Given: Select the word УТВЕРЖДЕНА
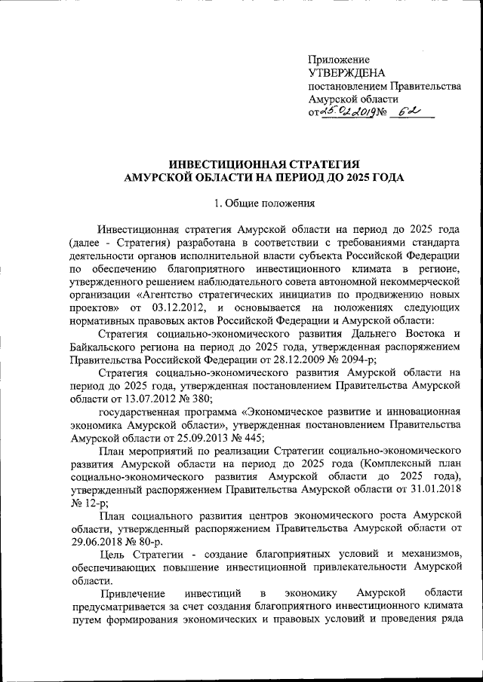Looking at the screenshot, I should pyautogui.click(x=347, y=73).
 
